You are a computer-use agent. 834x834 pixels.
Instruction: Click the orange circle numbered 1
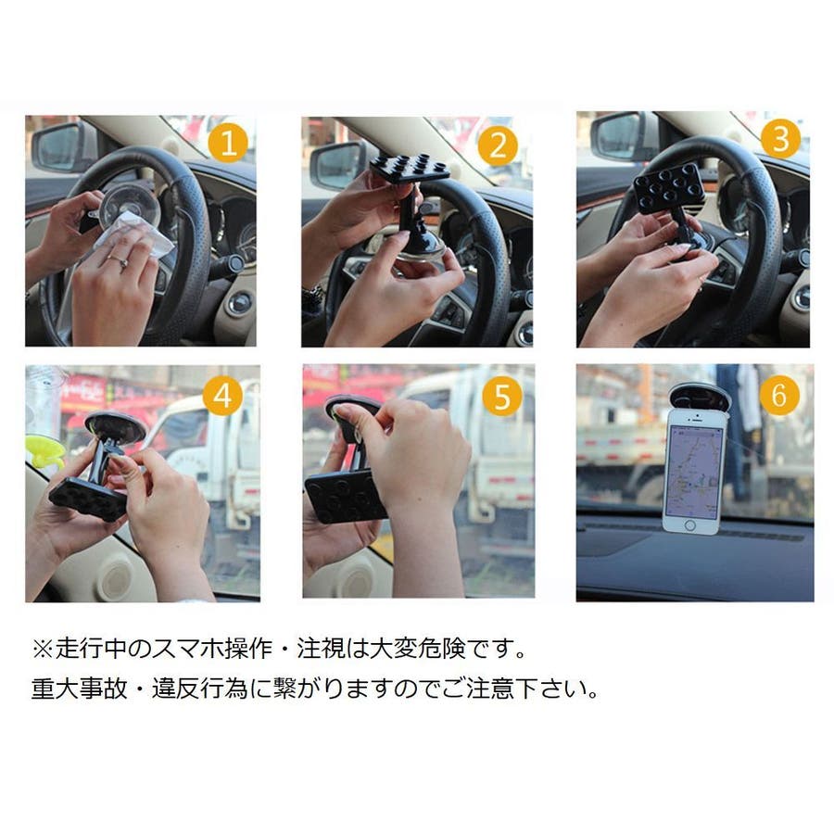click(228, 143)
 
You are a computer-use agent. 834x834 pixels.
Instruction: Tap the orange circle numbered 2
click(498, 145)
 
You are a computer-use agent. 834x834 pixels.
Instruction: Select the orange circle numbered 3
click(780, 138)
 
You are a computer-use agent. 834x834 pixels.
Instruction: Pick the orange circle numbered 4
click(222, 396)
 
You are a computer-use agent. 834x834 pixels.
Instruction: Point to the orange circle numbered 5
click(502, 396)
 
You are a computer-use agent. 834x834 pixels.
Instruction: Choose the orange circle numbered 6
click(778, 394)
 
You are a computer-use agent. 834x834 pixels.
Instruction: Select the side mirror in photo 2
click(337, 164)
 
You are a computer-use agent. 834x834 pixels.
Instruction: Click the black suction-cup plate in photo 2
click(410, 169)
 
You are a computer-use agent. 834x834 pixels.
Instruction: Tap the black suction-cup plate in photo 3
click(669, 187)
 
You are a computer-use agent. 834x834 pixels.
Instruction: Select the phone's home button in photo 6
click(689, 525)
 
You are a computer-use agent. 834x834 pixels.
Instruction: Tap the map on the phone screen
click(694, 472)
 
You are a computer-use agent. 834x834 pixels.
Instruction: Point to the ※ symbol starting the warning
click(43, 649)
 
